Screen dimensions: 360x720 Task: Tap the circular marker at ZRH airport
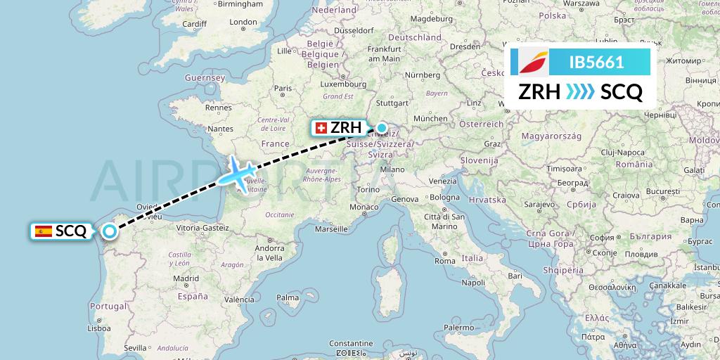click(381, 128)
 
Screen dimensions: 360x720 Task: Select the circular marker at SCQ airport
click(110, 231)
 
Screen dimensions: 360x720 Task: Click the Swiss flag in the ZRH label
click(322, 128)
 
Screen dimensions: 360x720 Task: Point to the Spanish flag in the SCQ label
click(44, 231)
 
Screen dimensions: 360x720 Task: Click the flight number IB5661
click(596, 62)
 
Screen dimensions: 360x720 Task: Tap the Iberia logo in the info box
click(534, 62)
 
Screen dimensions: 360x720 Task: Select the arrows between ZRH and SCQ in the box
click(581, 92)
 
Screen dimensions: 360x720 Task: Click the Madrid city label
click(186, 278)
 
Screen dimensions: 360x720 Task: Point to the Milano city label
click(392, 169)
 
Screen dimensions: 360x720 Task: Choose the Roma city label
click(444, 261)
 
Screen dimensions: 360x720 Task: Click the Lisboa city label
click(98, 328)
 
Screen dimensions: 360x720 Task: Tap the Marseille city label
click(332, 229)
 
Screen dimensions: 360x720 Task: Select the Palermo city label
click(458, 328)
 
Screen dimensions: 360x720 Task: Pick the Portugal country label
click(108, 307)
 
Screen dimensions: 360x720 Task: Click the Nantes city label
click(221, 129)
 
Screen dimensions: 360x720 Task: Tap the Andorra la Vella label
click(269, 252)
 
